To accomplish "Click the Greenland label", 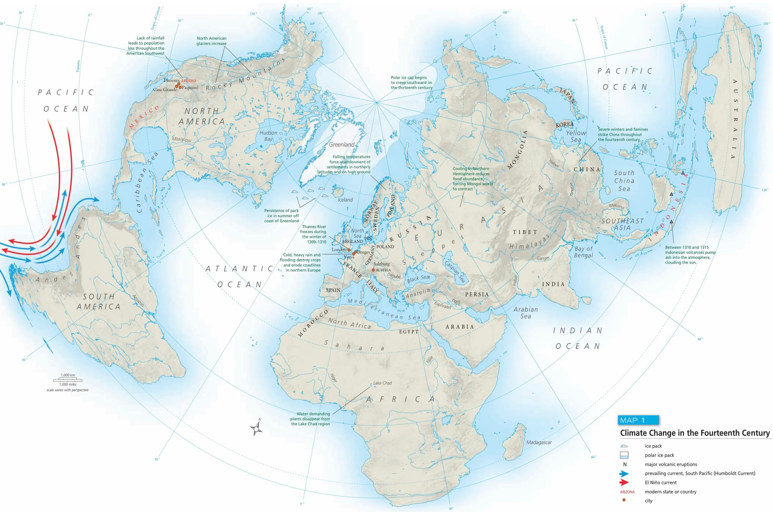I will coord(341,145).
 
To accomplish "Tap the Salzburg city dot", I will coord(373,270).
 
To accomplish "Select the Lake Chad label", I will coord(382,383).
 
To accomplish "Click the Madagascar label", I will coord(539,442).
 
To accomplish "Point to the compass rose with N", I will coord(257,428).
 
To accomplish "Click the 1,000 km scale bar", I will coord(68,380).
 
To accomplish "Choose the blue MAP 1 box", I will coord(638,420).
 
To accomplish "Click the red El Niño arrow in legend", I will coord(624,482).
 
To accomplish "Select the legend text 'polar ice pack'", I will coord(659,455).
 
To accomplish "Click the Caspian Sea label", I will coord(455,272).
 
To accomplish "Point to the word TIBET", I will coord(524,232).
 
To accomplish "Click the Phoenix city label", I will coord(172,80).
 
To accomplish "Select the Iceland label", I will coord(345,200).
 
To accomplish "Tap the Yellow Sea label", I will coord(576,136).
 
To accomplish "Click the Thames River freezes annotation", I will coord(314,234).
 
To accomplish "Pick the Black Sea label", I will coord(418,278).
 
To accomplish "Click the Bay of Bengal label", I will coord(583,252).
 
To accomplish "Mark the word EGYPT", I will coord(409,331).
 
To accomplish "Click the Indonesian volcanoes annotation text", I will coord(690,254).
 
